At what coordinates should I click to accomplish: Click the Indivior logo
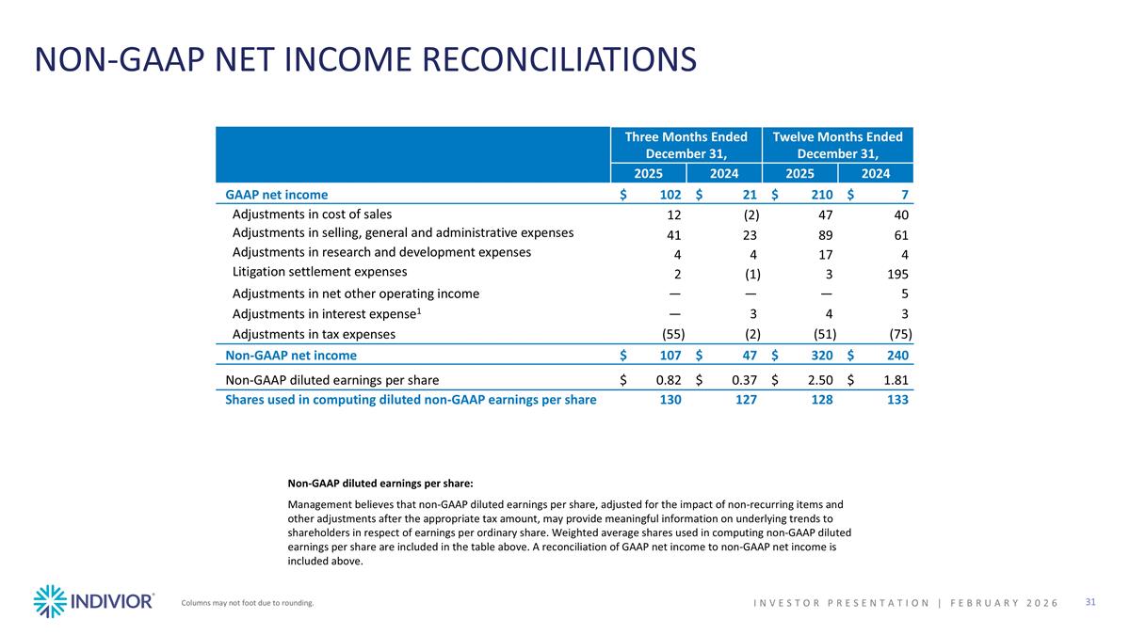93,601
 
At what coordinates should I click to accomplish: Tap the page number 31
1091,602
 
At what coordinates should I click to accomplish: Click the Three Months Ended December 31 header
686,145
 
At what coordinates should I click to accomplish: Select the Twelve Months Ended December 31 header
837,145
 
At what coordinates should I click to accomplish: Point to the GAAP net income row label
277,195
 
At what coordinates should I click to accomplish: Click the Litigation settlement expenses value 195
899,275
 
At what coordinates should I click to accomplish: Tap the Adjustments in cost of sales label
312,214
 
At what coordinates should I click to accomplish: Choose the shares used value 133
900,400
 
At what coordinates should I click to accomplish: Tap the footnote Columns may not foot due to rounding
248,603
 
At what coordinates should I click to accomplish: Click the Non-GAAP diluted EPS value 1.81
896,380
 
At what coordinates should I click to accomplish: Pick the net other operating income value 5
907,294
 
